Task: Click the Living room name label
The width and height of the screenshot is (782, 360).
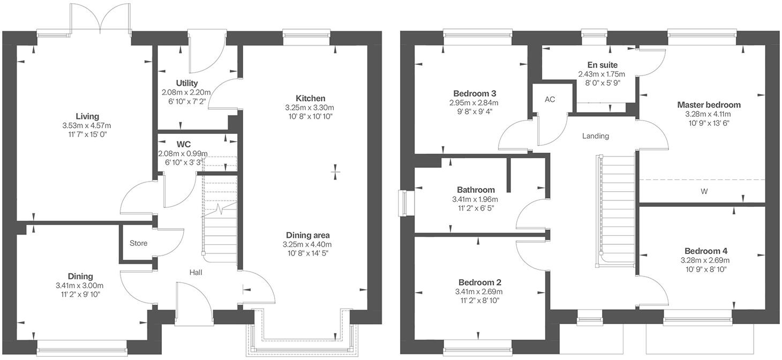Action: pyautogui.click(x=87, y=116)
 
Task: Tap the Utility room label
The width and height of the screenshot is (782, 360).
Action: pyautogui.click(x=187, y=83)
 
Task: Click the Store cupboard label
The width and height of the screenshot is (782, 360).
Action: pyautogui.click(x=138, y=243)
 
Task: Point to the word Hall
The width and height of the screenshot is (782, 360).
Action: pyautogui.click(x=195, y=273)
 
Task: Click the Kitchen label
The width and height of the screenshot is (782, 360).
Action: pyautogui.click(x=311, y=98)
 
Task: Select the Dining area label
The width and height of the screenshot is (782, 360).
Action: pyautogui.click(x=307, y=235)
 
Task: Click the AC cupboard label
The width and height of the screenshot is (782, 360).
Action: pyautogui.click(x=550, y=100)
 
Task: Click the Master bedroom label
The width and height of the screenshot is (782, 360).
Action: pyautogui.click(x=708, y=104)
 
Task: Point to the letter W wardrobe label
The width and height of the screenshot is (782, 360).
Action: pyautogui.click(x=704, y=191)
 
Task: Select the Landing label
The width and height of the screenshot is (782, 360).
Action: pyautogui.click(x=596, y=136)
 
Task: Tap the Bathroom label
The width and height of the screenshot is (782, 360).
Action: pyautogui.click(x=476, y=190)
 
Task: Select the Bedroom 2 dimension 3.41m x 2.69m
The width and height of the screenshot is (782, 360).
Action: pyautogui.click(x=480, y=292)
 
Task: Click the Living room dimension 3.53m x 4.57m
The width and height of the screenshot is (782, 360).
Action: pyautogui.click(x=87, y=125)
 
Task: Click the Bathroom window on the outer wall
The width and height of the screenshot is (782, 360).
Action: pyautogui.click(x=404, y=204)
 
